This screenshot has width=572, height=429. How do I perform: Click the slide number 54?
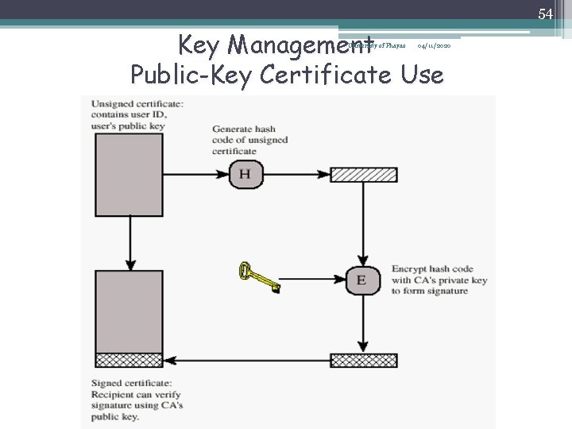point(545,14)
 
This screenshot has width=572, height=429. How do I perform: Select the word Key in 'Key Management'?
point(199,44)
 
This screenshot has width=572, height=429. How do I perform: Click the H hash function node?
point(244,174)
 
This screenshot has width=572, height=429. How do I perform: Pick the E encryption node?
point(362,279)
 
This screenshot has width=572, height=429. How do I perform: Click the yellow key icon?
point(259,277)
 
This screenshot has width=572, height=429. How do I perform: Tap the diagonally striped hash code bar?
point(363,175)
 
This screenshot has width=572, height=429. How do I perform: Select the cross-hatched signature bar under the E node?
point(363,360)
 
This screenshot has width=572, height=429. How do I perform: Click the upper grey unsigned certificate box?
point(129,167)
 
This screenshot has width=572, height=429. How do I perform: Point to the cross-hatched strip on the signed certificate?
point(129,360)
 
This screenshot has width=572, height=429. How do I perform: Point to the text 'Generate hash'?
point(245,129)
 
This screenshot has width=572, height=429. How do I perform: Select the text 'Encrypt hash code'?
point(434,269)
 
